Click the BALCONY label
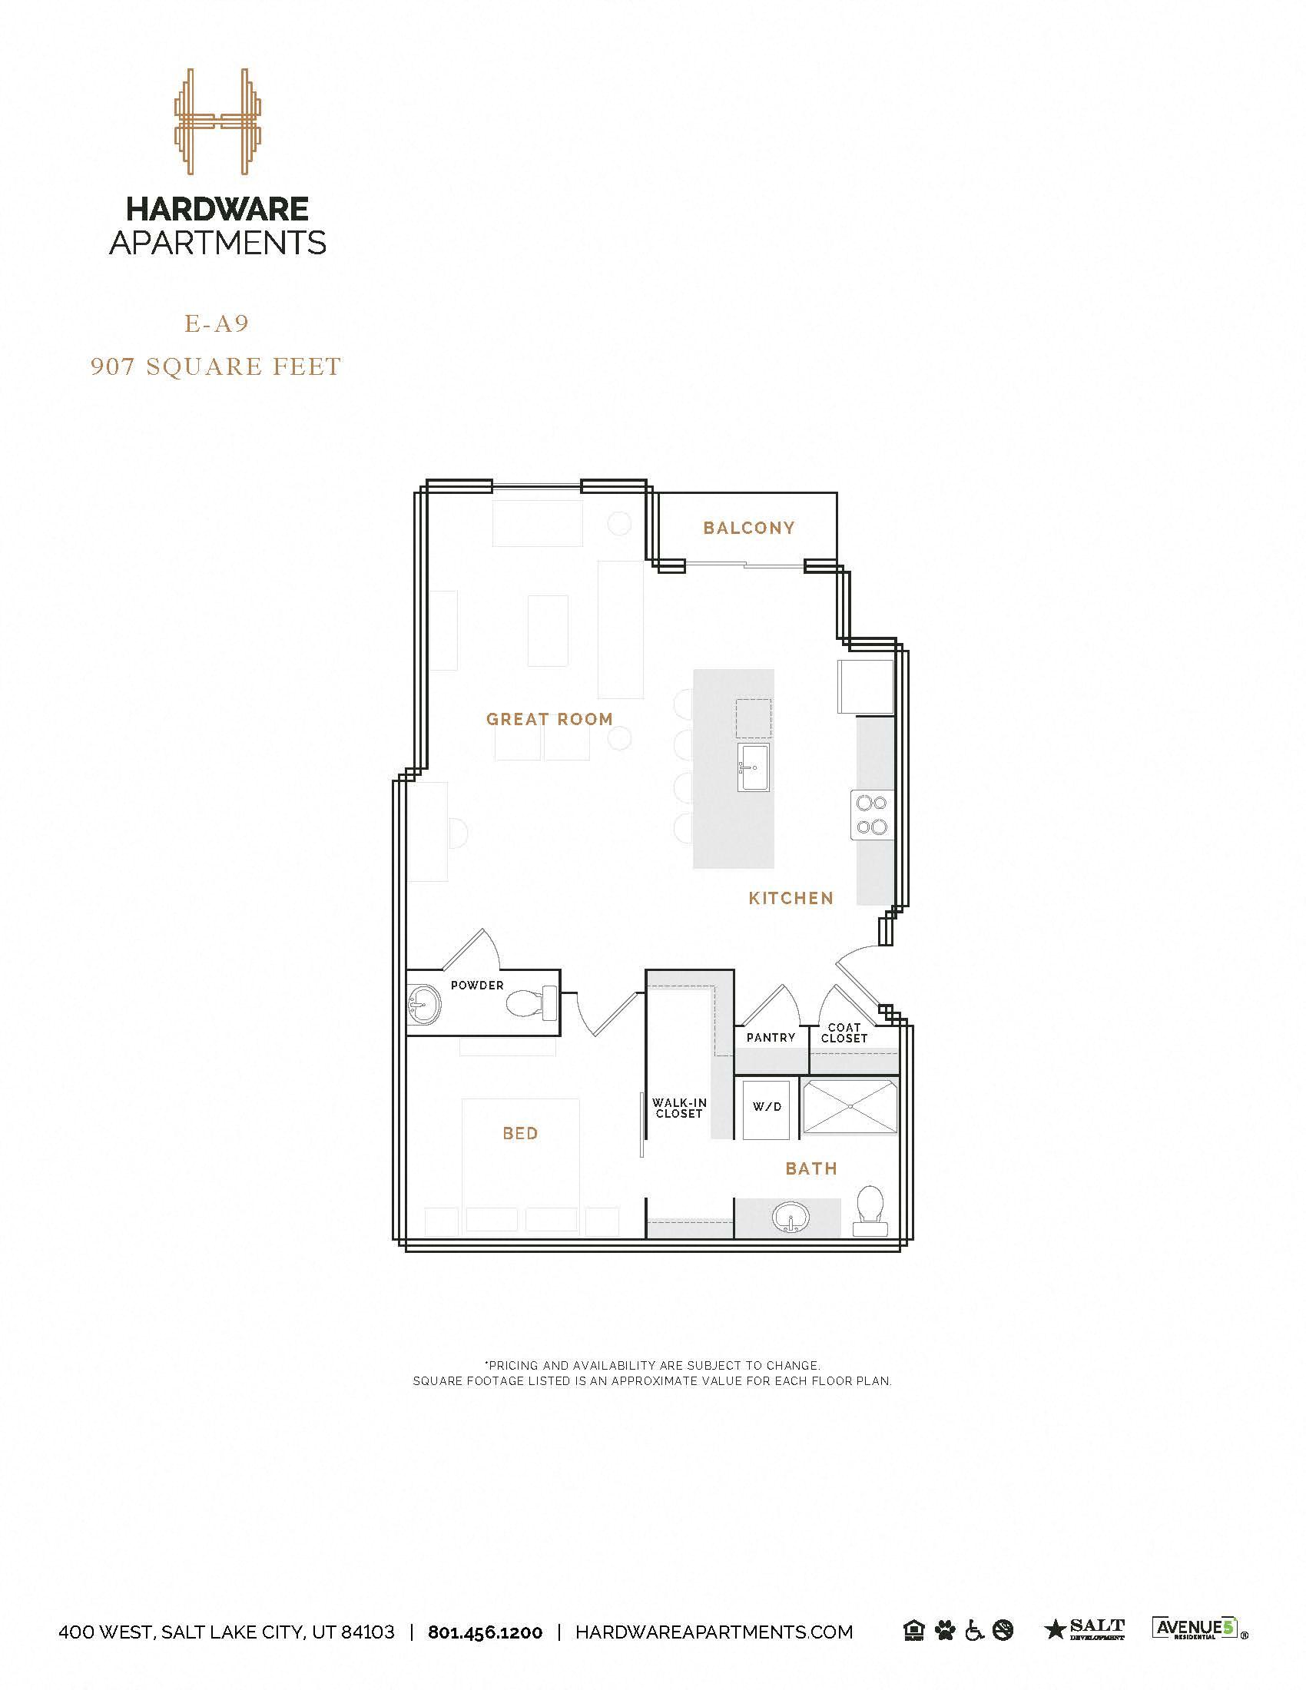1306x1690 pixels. (748, 528)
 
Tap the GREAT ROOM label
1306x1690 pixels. (549, 719)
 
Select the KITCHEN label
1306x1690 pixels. (791, 899)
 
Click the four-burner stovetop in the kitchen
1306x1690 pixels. (873, 815)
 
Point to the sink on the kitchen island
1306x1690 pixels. (753, 767)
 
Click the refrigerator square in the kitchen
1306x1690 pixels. (865, 686)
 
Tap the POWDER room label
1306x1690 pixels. (476, 985)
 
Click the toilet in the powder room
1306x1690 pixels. (532, 1004)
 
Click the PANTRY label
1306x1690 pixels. (770, 1038)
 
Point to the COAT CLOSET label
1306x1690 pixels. (844, 1033)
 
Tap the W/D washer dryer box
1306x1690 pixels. (767, 1107)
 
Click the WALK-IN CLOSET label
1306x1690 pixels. (678, 1108)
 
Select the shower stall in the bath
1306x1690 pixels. (850, 1107)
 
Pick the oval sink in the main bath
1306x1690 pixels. (791, 1218)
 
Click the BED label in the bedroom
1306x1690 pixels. (520, 1134)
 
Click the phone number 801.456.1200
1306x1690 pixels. (485, 1632)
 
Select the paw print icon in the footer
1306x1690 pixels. (944, 1631)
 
